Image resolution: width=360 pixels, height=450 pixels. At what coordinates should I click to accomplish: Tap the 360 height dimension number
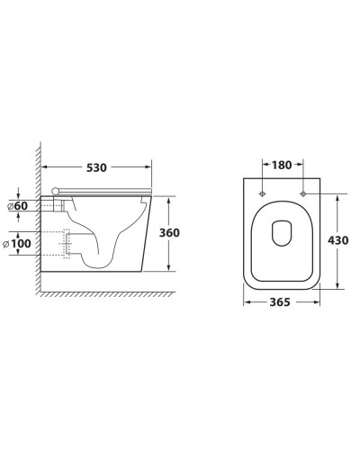pos(169,232)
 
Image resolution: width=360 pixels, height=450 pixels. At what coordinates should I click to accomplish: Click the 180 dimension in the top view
pos(282,165)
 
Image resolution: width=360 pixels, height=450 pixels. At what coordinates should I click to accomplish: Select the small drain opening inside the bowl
pos(282,232)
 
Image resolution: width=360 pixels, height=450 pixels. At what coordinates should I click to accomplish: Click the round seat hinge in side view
pos(59,191)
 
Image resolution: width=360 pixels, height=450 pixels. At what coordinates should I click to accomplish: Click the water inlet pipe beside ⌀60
pos(56,206)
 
